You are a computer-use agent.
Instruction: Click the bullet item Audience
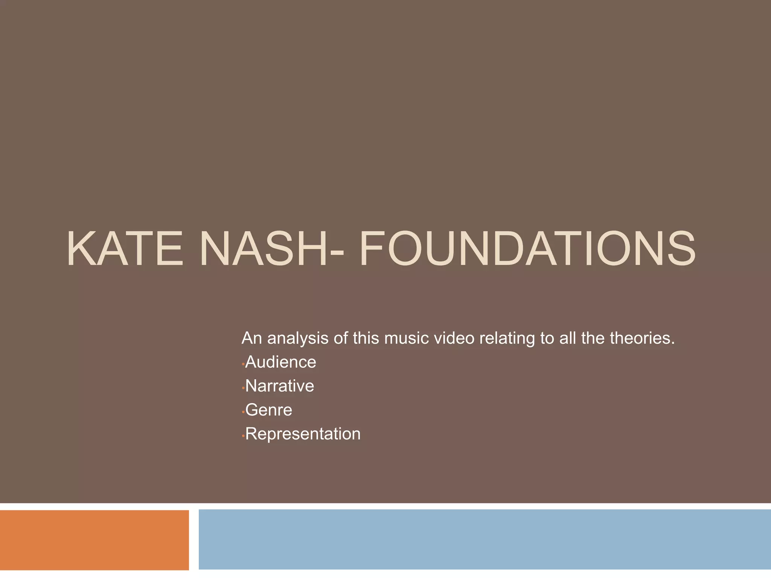pyautogui.click(x=280, y=362)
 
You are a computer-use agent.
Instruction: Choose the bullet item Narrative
pyautogui.click(x=279, y=386)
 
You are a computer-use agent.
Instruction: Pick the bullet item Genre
pyautogui.click(x=268, y=410)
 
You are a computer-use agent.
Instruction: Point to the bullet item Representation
pyautogui.click(x=303, y=433)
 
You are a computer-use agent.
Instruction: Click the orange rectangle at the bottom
pyautogui.click(x=94, y=540)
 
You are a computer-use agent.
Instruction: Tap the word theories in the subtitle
pyautogui.click(x=642, y=338)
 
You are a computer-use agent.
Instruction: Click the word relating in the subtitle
pyautogui.click(x=507, y=338)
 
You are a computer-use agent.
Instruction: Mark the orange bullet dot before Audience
pyautogui.click(x=243, y=364)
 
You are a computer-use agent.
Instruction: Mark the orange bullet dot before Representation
pyautogui.click(x=243, y=436)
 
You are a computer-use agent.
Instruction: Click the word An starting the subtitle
pyautogui.click(x=251, y=338)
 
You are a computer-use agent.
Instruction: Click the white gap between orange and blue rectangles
pyautogui.click(x=194, y=540)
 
